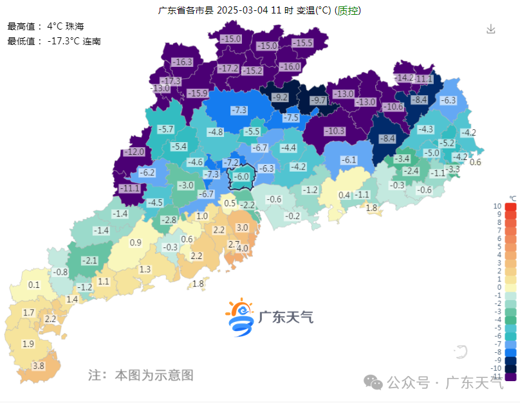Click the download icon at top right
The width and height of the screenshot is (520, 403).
coord(491,29)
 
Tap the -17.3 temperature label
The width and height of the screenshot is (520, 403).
coord(171,81)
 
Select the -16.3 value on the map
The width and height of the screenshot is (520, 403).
coord(182,62)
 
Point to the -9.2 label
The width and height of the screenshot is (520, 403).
coord(280,98)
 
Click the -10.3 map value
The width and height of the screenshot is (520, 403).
coord(334,131)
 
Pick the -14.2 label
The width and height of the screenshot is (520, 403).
coord(404,78)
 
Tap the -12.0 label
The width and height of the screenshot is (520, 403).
coord(134,152)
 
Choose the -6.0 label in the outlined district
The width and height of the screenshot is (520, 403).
coord(241,176)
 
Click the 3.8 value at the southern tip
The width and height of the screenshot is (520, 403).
coord(38,366)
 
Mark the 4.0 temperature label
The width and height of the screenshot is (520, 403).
coord(243,248)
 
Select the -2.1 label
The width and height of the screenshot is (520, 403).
coord(89,260)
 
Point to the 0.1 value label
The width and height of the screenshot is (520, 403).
coord(34,285)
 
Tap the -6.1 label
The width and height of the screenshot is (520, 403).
coord(348,160)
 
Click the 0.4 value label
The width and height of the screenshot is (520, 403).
coord(344,195)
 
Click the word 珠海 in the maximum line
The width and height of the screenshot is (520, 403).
coord(75,27)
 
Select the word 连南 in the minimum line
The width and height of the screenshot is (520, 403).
coord(91,41)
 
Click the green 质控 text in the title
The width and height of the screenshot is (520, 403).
coord(349,10)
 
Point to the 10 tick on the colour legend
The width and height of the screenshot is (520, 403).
coord(497,206)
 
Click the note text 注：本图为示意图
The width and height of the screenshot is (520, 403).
coord(140,375)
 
